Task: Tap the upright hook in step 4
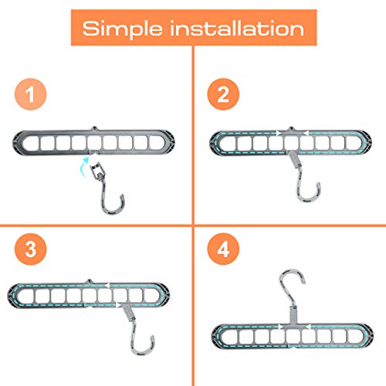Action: (x=294, y=286)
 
